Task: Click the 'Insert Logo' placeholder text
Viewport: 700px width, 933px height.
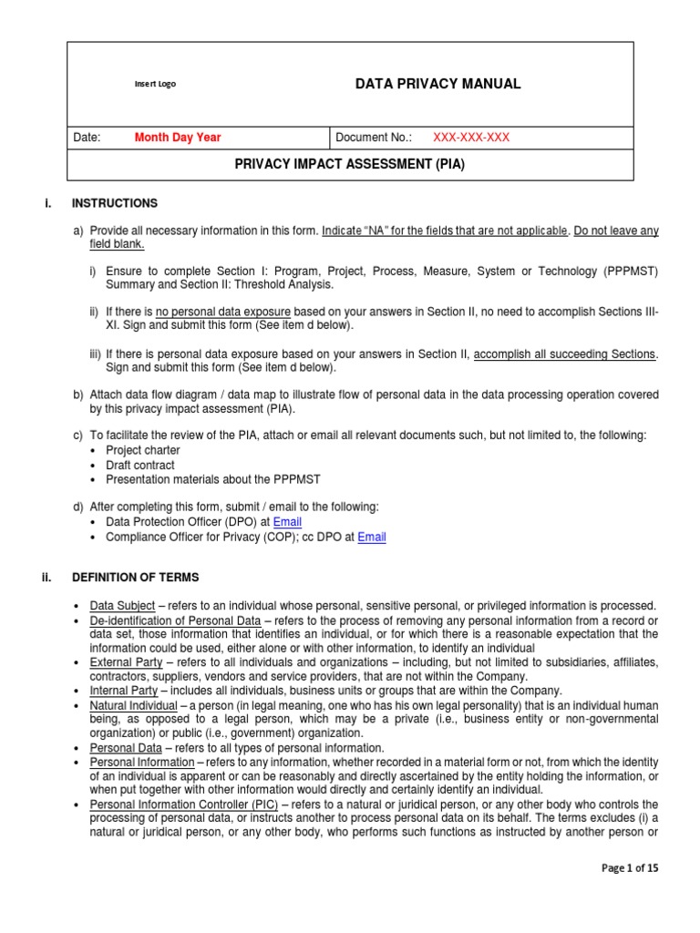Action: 155,84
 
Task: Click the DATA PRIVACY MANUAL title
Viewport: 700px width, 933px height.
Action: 437,84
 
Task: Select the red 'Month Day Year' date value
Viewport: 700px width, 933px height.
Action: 178,138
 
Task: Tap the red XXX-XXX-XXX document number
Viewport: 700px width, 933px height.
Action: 470,138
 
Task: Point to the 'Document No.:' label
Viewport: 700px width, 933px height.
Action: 374,138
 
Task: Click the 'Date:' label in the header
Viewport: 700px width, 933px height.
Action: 86,138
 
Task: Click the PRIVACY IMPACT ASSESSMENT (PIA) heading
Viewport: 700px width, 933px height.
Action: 350,165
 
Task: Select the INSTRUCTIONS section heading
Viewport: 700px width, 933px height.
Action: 114,203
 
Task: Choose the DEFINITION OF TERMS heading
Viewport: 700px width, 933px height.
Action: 135,578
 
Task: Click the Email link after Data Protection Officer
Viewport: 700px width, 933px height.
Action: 288,522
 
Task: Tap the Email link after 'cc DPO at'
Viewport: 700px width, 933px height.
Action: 372,538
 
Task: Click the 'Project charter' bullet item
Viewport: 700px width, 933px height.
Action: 143,450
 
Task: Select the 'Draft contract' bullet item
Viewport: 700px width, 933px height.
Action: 140,465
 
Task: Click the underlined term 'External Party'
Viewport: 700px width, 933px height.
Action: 126,662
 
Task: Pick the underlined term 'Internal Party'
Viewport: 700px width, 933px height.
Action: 124,691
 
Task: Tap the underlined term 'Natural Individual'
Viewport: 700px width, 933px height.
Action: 133,705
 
